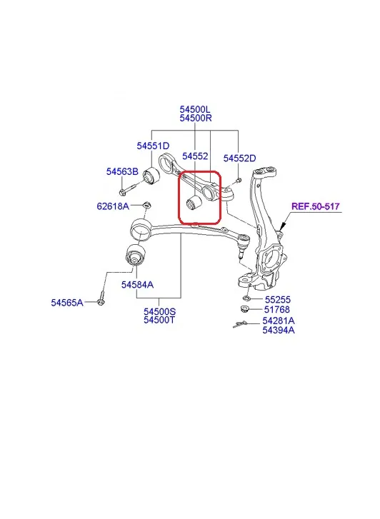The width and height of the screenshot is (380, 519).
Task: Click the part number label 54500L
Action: pyautogui.click(x=195, y=109)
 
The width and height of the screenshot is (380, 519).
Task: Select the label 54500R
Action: pyautogui.click(x=196, y=118)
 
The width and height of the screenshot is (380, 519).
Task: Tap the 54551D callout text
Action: pyautogui.click(x=153, y=146)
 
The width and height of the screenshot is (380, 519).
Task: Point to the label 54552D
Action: pyautogui.click(x=239, y=158)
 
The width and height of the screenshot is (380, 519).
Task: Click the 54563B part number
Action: pyautogui.click(x=122, y=171)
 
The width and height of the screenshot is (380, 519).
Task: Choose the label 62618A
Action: pyautogui.click(x=113, y=206)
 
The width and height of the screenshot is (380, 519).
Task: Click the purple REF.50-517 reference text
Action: pyautogui.click(x=316, y=206)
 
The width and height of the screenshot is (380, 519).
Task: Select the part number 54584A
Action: pyautogui.click(x=137, y=285)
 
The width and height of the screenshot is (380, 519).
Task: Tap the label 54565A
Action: pyautogui.click(x=67, y=303)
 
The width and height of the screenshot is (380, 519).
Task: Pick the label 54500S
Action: pyautogui.click(x=160, y=311)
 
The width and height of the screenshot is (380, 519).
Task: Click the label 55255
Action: pyautogui.click(x=278, y=300)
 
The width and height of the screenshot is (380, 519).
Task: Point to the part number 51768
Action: pyautogui.click(x=277, y=310)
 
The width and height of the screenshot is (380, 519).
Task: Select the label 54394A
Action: pyautogui.click(x=279, y=330)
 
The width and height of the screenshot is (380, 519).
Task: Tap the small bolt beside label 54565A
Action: pyautogui.click(x=101, y=298)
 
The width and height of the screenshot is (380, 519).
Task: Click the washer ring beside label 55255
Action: pyautogui.click(x=246, y=298)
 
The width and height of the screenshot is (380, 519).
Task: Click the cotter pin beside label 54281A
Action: pyautogui.click(x=239, y=324)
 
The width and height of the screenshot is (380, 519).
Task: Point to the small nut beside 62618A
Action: pyautogui.click(x=146, y=205)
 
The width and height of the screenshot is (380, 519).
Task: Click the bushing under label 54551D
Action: pyautogui.click(x=151, y=176)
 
